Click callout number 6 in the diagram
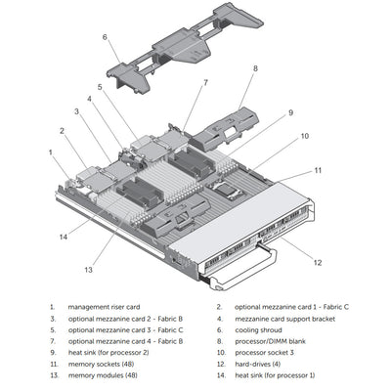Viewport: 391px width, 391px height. point(105,37)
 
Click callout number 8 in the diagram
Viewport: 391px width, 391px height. point(255,68)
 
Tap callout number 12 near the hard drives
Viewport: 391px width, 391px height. point(316,261)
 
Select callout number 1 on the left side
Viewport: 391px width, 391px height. point(51,152)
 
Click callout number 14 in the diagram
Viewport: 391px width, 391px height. point(63,236)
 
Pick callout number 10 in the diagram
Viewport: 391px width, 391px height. point(304,136)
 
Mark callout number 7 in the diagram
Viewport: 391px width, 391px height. point(205,83)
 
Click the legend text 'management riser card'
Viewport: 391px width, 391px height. point(105,307)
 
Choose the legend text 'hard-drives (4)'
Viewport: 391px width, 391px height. point(261,364)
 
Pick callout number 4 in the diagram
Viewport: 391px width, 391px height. point(89,99)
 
